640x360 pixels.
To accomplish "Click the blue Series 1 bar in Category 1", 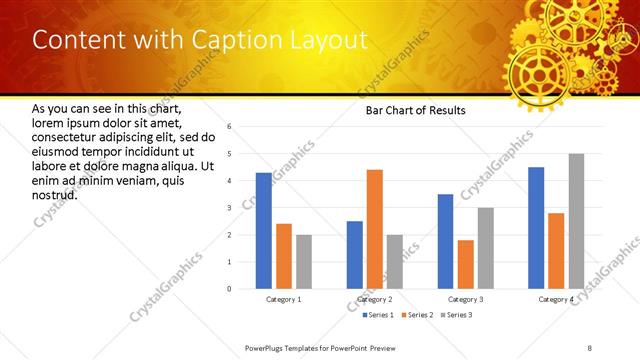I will tap(264, 231).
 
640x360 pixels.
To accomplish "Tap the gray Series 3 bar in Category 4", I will tap(576, 221).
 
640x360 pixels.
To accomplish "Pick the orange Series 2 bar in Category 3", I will tap(465, 264).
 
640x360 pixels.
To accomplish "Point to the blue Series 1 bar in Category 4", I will tap(536, 228).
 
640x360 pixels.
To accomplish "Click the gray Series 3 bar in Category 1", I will tap(304, 262).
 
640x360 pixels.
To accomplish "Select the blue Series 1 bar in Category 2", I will tap(355, 255).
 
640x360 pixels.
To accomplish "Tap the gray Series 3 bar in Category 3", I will tap(485, 248).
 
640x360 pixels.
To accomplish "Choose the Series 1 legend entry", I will tap(380, 315).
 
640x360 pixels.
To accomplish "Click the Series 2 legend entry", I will tap(417, 315).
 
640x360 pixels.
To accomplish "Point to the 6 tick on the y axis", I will tap(229, 127).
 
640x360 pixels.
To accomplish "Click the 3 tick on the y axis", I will tap(229, 208).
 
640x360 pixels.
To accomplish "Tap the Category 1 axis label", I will tap(284, 299).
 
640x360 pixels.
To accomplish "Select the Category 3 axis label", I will tap(465, 299).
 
